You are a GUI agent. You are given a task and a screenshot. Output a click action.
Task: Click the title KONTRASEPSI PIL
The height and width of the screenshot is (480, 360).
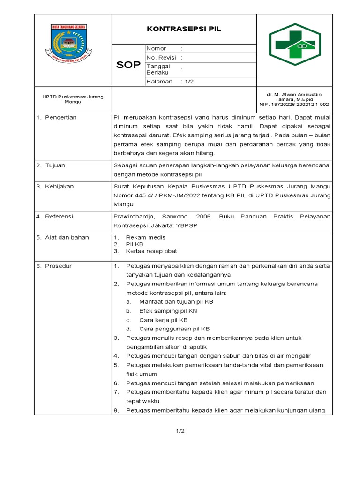coord(184,29)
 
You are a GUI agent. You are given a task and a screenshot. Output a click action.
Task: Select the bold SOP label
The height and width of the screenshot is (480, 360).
coord(128,65)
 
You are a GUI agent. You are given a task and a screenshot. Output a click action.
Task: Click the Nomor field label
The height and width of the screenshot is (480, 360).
coord(157,48)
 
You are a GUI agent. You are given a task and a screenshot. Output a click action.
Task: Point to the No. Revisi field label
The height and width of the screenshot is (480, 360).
coord(161,58)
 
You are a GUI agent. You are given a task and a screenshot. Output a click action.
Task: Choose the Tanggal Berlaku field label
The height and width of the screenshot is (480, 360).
coord(158,69)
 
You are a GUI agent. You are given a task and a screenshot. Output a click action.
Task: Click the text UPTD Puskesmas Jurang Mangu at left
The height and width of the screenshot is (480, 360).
coord(73,99)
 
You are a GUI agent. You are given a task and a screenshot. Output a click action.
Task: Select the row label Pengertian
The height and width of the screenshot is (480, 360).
coord(60,117)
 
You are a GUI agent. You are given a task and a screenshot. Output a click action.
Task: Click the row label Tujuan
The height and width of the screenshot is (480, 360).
coord(55,165)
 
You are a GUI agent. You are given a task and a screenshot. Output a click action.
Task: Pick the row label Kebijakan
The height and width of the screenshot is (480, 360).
coord(59,186)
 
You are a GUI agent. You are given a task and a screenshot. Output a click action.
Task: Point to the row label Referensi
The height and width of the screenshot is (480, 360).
coord(59,217)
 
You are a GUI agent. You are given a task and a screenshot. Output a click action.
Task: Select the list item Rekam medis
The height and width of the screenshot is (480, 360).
coord(142,237)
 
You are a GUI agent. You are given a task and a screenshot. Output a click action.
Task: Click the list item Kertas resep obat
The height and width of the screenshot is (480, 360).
coord(151,251)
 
